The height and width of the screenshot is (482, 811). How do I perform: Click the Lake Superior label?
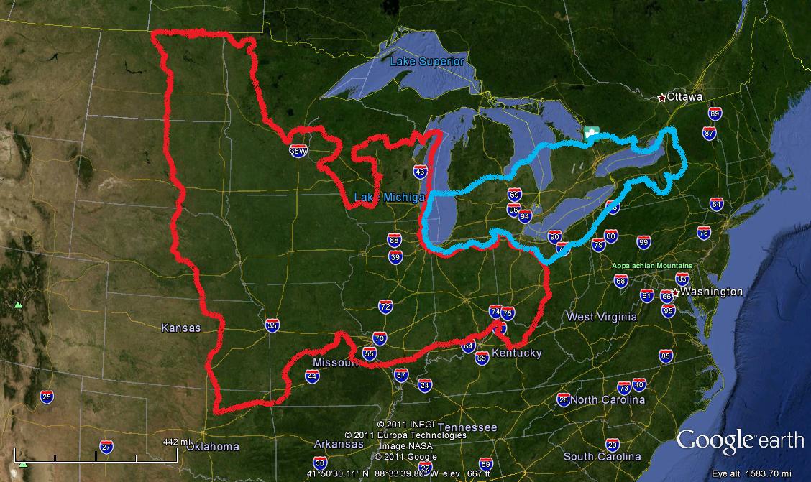[426, 62]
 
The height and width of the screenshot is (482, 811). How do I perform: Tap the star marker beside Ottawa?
[661, 97]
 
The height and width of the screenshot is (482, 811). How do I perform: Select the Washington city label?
[711, 292]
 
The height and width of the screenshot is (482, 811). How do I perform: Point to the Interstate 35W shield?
[298, 152]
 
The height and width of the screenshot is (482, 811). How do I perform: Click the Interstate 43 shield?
[421, 171]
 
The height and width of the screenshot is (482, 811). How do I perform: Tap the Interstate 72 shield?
[385, 307]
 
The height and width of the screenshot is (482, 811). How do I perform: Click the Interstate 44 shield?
[312, 376]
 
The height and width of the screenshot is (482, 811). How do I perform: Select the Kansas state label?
[180, 328]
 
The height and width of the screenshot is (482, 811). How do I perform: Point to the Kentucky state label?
[516, 353]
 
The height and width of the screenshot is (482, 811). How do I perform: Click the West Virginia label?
[601, 317]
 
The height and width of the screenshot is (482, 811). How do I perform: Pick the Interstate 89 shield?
[714, 113]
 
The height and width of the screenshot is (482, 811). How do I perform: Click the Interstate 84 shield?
[716, 204]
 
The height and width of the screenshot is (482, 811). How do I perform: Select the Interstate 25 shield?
[47, 397]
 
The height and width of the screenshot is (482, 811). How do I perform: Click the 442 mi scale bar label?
[175, 442]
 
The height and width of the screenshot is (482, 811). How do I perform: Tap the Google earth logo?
[739, 440]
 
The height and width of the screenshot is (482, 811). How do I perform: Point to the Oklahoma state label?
[213, 447]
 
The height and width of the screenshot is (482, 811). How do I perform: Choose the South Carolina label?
[602, 457]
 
